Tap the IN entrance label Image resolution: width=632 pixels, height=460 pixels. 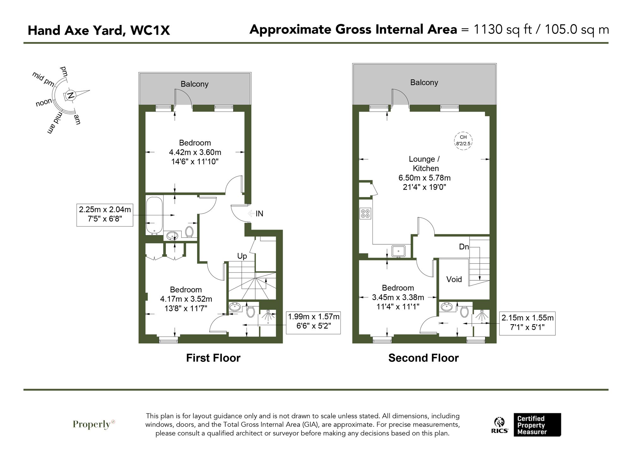pyautogui.click(x=259, y=214)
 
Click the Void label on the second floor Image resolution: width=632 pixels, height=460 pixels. pyautogui.click(x=454, y=279)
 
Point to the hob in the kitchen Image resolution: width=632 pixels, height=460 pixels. pyautogui.click(x=365, y=213)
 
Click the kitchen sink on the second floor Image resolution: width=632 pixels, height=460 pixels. pyautogui.click(x=399, y=251)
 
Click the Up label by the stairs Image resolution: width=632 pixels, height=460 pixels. pyautogui.click(x=242, y=256)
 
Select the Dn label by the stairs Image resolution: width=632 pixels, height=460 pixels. pyautogui.click(x=464, y=247)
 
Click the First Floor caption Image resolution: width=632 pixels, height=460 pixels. pyautogui.click(x=213, y=358)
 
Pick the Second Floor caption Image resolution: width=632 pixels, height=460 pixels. pyautogui.click(x=423, y=358)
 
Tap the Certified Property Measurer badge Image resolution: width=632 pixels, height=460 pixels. pyautogui.click(x=537, y=425)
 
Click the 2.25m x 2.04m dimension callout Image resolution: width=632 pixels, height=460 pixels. pyautogui.click(x=105, y=214)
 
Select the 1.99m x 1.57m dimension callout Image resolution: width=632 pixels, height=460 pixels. pyautogui.click(x=313, y=321)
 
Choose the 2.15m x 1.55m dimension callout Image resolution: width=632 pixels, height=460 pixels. pyautogui.click(x=527, y=322)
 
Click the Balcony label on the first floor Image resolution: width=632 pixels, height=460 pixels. pyautogui.click(x=194, y=84)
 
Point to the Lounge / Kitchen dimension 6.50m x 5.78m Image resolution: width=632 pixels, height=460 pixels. pyautogui.click(x=424, y=178)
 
